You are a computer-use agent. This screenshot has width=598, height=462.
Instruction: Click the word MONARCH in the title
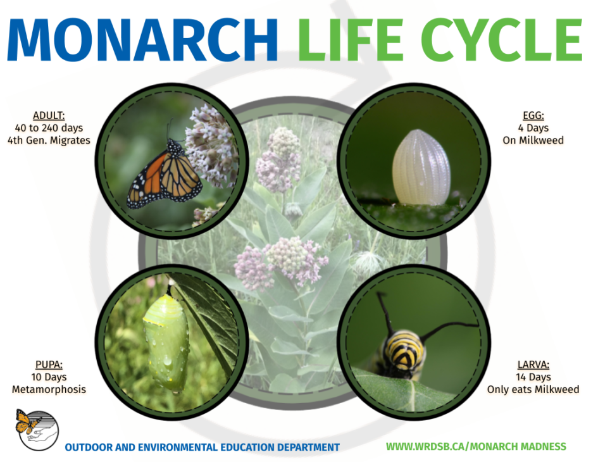(x=142, y=39)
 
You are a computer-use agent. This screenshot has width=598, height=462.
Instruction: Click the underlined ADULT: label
(x=49, y=115)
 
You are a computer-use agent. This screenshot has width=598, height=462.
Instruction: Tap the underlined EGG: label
(x=533, y=116)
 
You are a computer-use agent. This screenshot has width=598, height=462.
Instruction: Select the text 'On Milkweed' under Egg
(x=533, y=140)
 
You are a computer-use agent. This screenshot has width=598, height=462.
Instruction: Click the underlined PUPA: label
(x=49, y=365)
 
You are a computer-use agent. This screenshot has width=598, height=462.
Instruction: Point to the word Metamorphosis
(x=49, y=389)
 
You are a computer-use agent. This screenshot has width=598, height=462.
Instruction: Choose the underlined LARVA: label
(x=533, y=365)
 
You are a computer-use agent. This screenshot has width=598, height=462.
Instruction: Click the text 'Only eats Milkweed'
(x=533, y=389)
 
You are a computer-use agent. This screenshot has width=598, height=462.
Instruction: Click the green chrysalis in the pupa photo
(x=166, y=342)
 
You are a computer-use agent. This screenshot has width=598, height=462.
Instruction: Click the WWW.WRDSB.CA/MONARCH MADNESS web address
(x=476, y=447)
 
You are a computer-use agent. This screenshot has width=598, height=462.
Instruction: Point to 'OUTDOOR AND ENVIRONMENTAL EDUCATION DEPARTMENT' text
(x=202, y=447)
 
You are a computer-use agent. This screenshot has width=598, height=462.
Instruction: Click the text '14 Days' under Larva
(x=533, y=377)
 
